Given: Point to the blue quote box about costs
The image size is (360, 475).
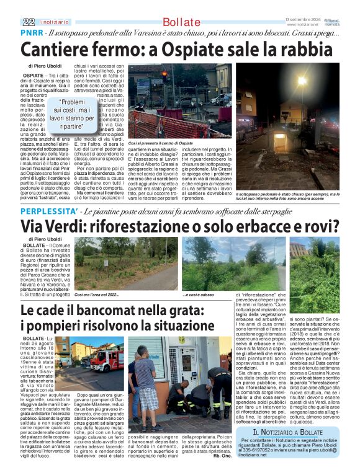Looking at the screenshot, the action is coord(72,114).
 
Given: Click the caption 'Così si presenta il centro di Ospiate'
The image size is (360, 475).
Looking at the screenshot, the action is coord(160,143).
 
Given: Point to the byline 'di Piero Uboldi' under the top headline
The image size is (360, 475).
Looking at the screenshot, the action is coord(45,65).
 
